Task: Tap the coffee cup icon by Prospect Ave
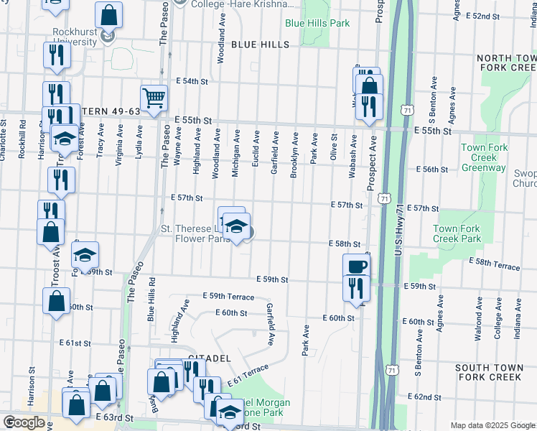pyautogui.click(x=356, y=266)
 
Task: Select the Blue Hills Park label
pyautogui.click(x=317, y=23)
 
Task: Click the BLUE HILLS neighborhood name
pyautogui.click(x=260, y=45)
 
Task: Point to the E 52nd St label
pyautogui.click(x=502, y=16)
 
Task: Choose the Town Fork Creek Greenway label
pyautogui.click(x=484, y=157)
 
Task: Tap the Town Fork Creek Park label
pyautogui.click(x=457, y=233)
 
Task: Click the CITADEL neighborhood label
pyautogui.click(x=209, y=357)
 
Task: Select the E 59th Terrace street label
pyautogui.click(x=228, y=296)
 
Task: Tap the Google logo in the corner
pyautogui.click(x=24, y=422)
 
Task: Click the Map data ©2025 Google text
pyautogui.click(x=492, y=425)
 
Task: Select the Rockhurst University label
pyautogui.click(x=75, y=37)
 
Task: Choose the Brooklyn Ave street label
pyautogui.click(x=294, y=154)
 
